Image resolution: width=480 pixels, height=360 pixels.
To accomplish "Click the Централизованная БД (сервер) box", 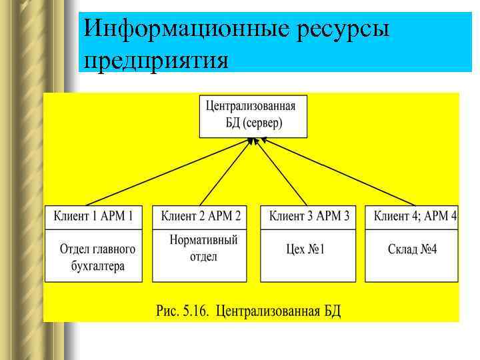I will [253, 115].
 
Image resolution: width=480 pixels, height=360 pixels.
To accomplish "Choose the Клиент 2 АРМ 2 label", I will [201, 216].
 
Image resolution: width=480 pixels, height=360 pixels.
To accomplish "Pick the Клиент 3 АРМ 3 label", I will [309, 216].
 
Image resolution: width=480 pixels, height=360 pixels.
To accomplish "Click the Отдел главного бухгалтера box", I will [97, 257].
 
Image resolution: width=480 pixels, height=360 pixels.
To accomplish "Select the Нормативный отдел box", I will [204, 248].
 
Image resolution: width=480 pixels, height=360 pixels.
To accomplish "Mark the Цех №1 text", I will [305, 250].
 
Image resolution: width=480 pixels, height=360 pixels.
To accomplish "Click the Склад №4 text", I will [413, 250].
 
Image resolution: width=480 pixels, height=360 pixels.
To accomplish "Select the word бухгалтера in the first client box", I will [97, 266].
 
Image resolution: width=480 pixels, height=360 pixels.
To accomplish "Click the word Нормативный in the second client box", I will [204, 240].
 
